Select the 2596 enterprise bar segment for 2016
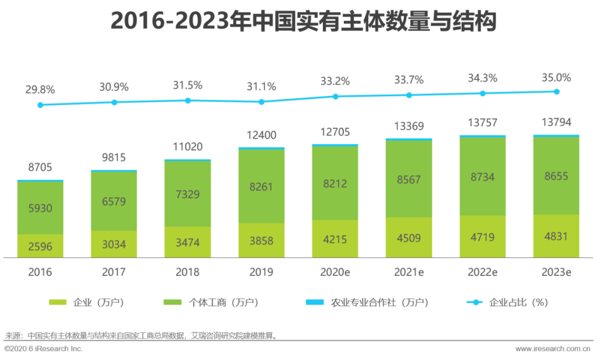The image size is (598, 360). tap(40, 246)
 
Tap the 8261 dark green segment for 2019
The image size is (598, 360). tap(261, 187)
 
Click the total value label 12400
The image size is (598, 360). tap(261, 135)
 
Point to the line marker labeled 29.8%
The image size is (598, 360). tap(40, 105)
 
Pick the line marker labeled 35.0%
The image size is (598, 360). tap(556, 92)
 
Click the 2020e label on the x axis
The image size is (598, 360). tap(335, 272)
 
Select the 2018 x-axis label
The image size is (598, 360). tap(188, 272)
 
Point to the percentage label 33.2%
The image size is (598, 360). tap(336, 81)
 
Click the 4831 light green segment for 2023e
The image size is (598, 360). tap(556, 236)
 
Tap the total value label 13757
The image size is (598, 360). tap(482, 124)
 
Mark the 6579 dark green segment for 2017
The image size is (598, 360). tap(114, 201)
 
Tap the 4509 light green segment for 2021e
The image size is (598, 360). tap(409, 238)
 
